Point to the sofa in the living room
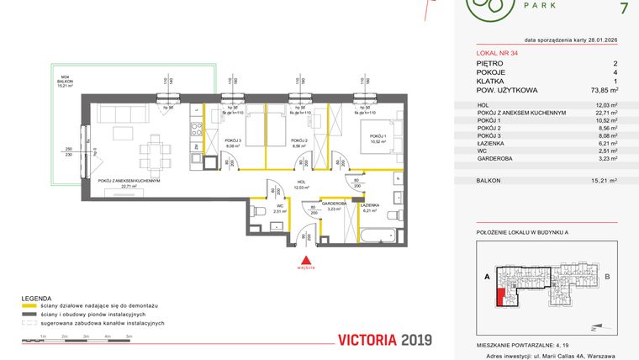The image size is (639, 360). pyautogui.click(x=122, y=111)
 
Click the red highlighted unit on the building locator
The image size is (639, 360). pyautogui.click(x=502, y=297)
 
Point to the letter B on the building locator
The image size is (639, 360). pyautogui.click(x=607, y=275)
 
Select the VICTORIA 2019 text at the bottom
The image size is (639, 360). pyautogui.click(x=383, y=340)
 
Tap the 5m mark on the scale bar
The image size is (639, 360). pyautogui.click(x=129, y=336)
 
